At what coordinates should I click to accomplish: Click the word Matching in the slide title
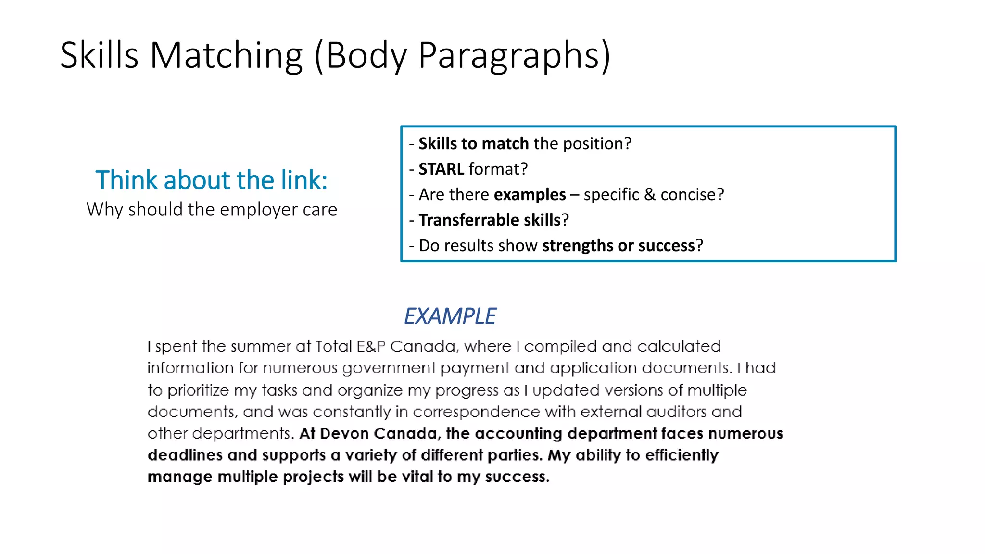[226, 55]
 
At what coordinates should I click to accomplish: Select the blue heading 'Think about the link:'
[212, 180]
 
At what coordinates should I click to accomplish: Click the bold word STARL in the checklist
[441, 169]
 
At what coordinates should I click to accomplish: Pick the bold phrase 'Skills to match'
[474, 143]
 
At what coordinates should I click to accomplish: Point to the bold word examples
[530, 194]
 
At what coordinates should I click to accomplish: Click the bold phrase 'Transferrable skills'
[490, 220]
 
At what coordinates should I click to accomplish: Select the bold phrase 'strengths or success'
[619, 245]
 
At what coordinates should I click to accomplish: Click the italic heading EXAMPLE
[450, 316]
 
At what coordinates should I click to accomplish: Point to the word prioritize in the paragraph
[198, 390]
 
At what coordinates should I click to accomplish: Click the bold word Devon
[344, 433]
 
